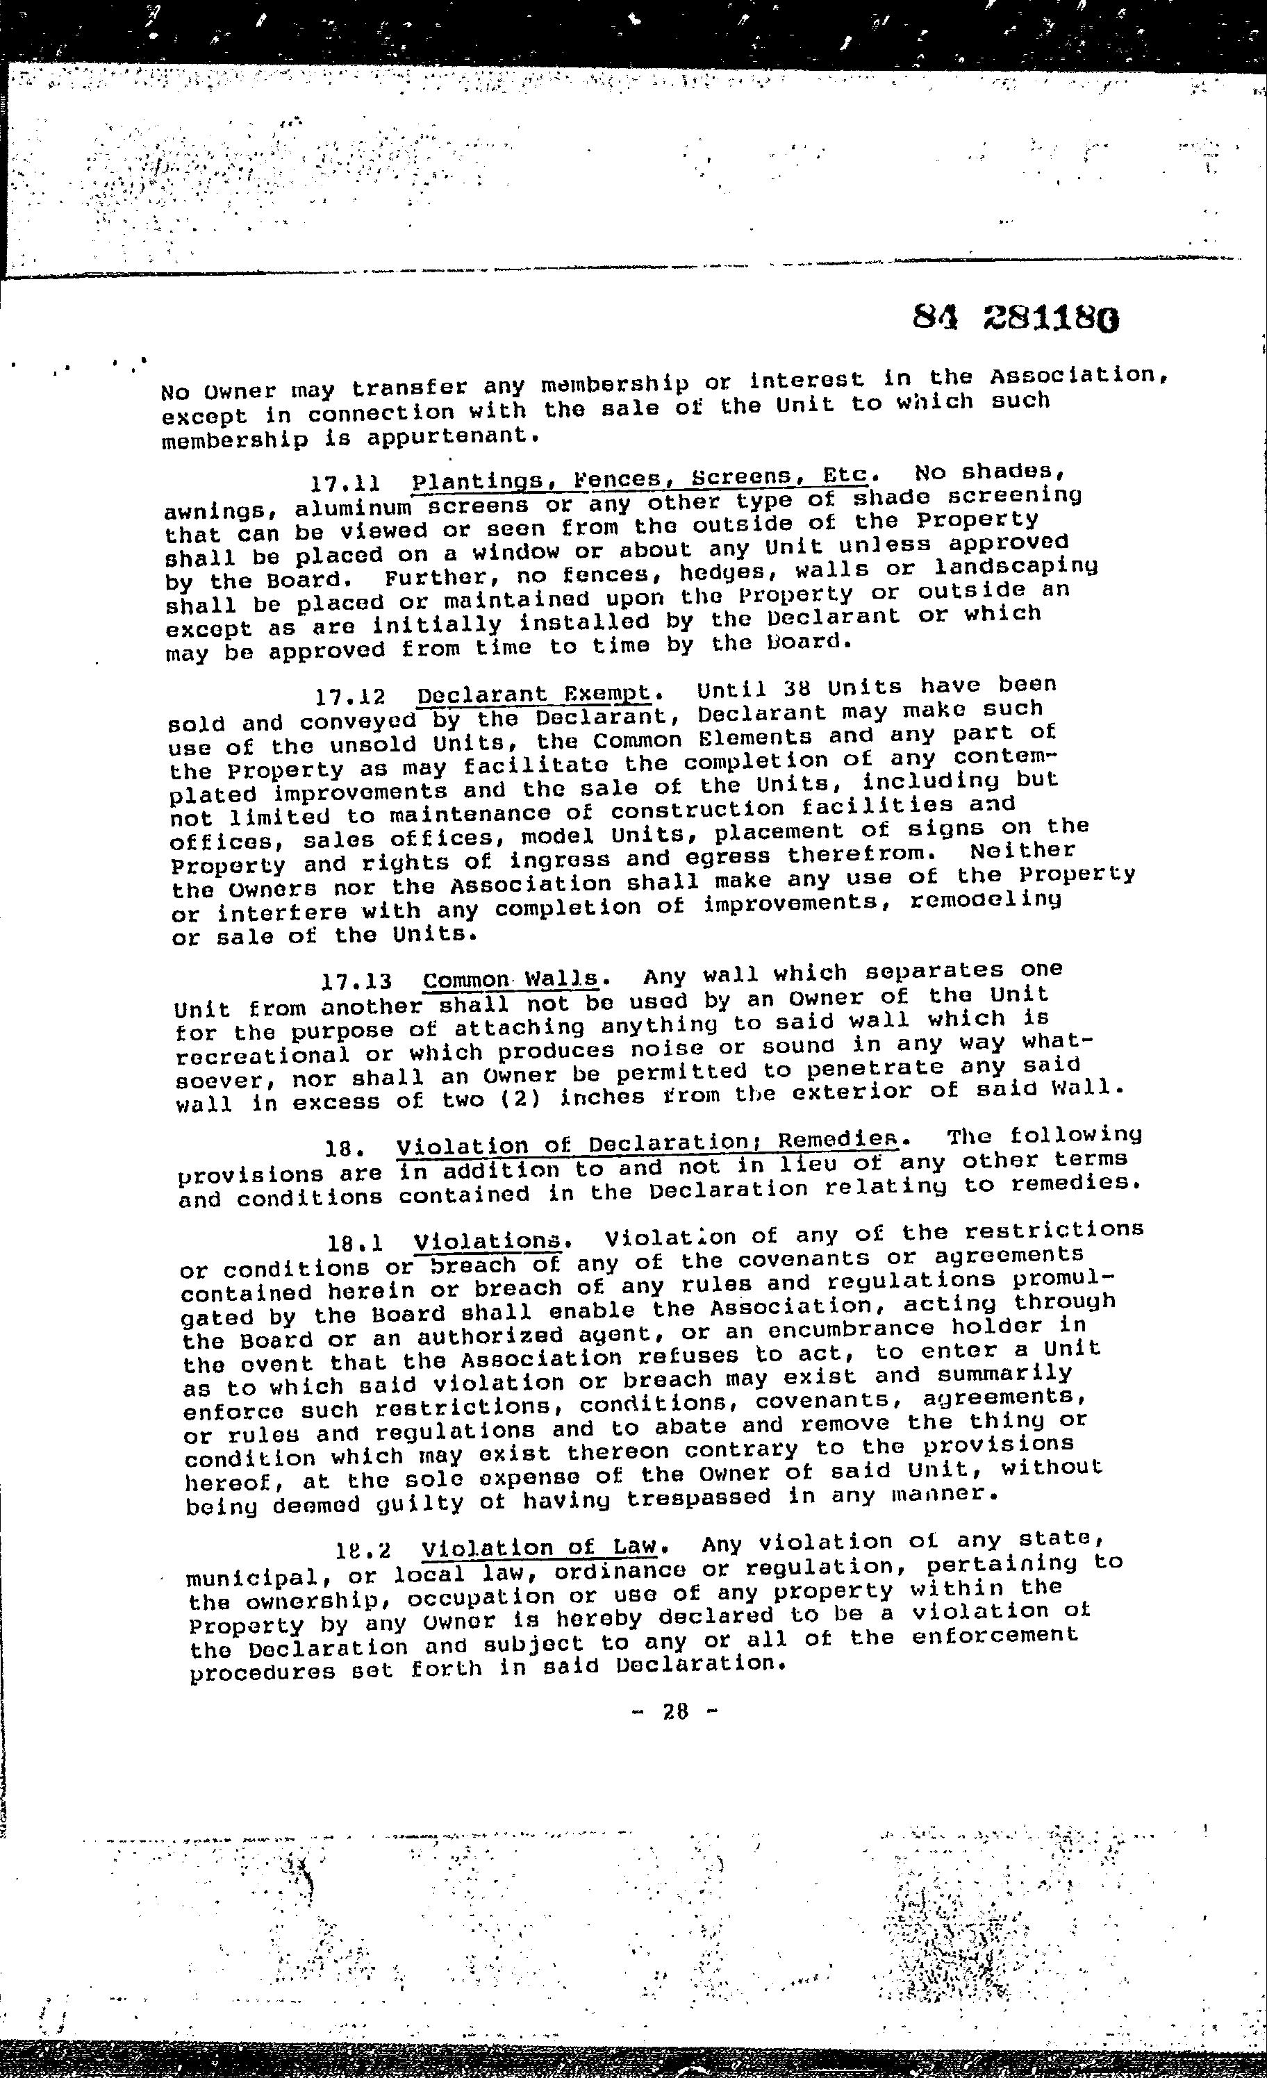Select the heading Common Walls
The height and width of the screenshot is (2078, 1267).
pyautogui.click(x=513, y=980)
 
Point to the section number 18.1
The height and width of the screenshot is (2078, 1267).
pyautogui.click(x=356, y=1243)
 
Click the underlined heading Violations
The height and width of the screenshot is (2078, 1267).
pyautogui.click(x=488, y=1240)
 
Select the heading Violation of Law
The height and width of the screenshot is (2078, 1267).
pyautogui.click(x=539, y=1548)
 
